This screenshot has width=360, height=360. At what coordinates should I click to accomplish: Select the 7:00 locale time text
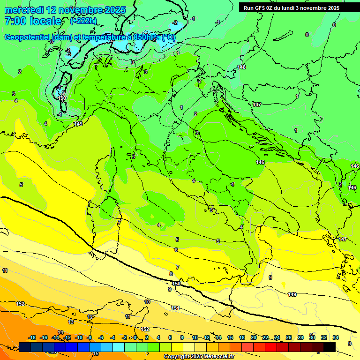point(33,21)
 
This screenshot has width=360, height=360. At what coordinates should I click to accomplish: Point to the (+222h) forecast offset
point(83,21)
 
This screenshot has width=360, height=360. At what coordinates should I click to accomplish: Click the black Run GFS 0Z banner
point(292,7)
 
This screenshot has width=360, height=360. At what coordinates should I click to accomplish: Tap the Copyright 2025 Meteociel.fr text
point(199,357)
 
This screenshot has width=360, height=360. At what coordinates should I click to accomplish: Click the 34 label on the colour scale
point(336,337)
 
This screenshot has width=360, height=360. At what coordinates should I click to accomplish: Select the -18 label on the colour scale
point(32,337)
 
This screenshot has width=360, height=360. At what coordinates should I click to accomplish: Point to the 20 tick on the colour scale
point(254,337)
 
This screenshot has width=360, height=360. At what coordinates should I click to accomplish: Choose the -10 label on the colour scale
point(79,337)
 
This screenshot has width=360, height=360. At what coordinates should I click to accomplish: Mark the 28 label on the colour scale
point(300,337)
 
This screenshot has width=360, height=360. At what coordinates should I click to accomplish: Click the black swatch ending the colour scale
point(329,347)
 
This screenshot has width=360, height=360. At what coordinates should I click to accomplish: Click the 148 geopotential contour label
point(241,67)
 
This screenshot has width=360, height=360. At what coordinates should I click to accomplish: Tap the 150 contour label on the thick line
point(176,284)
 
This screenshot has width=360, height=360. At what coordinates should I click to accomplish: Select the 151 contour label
point(175,308)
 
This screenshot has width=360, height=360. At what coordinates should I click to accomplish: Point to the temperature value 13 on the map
point(71,322)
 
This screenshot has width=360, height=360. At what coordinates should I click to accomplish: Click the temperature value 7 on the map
point(177,267)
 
